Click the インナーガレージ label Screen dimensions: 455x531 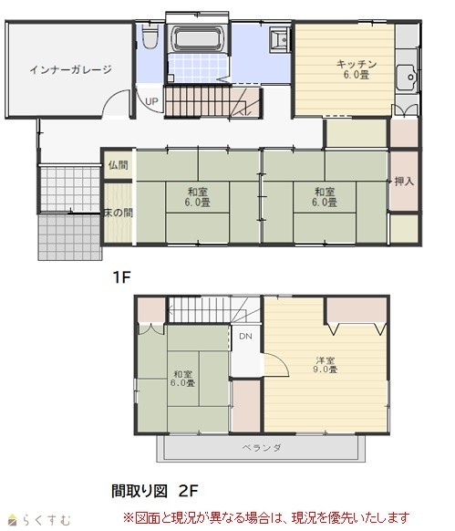point(71,69)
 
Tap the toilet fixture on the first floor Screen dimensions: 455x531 point(150,36)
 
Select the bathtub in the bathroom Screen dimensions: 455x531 point(197,38)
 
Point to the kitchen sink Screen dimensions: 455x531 point(408,78)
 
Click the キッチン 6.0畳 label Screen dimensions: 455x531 point(357,69)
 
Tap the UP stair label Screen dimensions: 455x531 point(151,101)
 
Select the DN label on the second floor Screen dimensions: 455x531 point(245,337)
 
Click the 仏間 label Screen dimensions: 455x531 point(119,165)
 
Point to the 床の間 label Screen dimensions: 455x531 point(119,213)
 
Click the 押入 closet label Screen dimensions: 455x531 point(404,182)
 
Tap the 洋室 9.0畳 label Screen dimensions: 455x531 point(325,365)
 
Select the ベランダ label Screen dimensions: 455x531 point(262,448)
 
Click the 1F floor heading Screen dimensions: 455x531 point(121,277)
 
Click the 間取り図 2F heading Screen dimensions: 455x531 point(154,491)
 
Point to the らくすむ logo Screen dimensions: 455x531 point(39,520)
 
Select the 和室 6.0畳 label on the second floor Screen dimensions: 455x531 point(182,379)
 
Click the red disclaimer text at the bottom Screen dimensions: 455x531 point(266,518)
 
